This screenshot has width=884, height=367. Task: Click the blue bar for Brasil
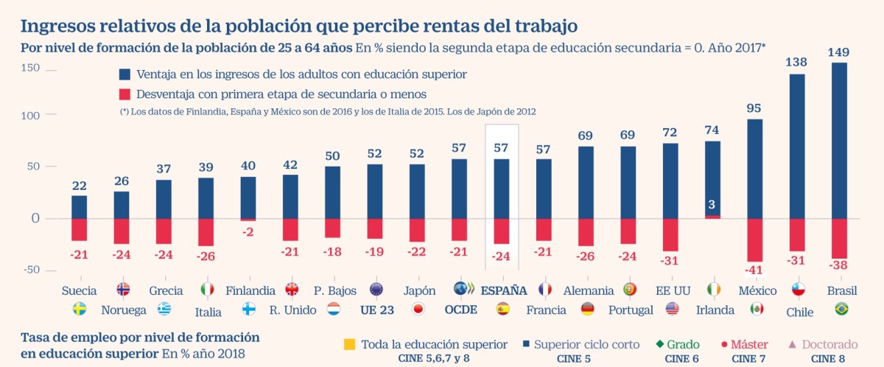point(839,140)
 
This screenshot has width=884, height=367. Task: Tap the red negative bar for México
point(754,240)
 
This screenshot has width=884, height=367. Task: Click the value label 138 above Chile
point(797,63)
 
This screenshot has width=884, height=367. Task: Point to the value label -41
point(754,270)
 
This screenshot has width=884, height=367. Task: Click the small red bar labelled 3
point(712,217)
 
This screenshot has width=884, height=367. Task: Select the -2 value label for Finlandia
point(248,231)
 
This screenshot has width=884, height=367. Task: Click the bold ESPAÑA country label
point(504,290)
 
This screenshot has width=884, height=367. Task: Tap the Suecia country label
point(79,290)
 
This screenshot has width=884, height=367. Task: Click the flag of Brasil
point(841,309)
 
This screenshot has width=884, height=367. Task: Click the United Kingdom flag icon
point(291,290)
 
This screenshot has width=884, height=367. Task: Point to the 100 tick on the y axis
point(31,116)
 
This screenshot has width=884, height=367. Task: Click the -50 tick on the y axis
point(31,270)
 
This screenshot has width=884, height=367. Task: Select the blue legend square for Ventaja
point(124,75)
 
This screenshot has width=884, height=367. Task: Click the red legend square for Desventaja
point(124,94)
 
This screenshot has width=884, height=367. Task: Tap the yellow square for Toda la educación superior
point(349,344)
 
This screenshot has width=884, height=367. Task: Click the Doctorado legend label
point(829,344)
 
